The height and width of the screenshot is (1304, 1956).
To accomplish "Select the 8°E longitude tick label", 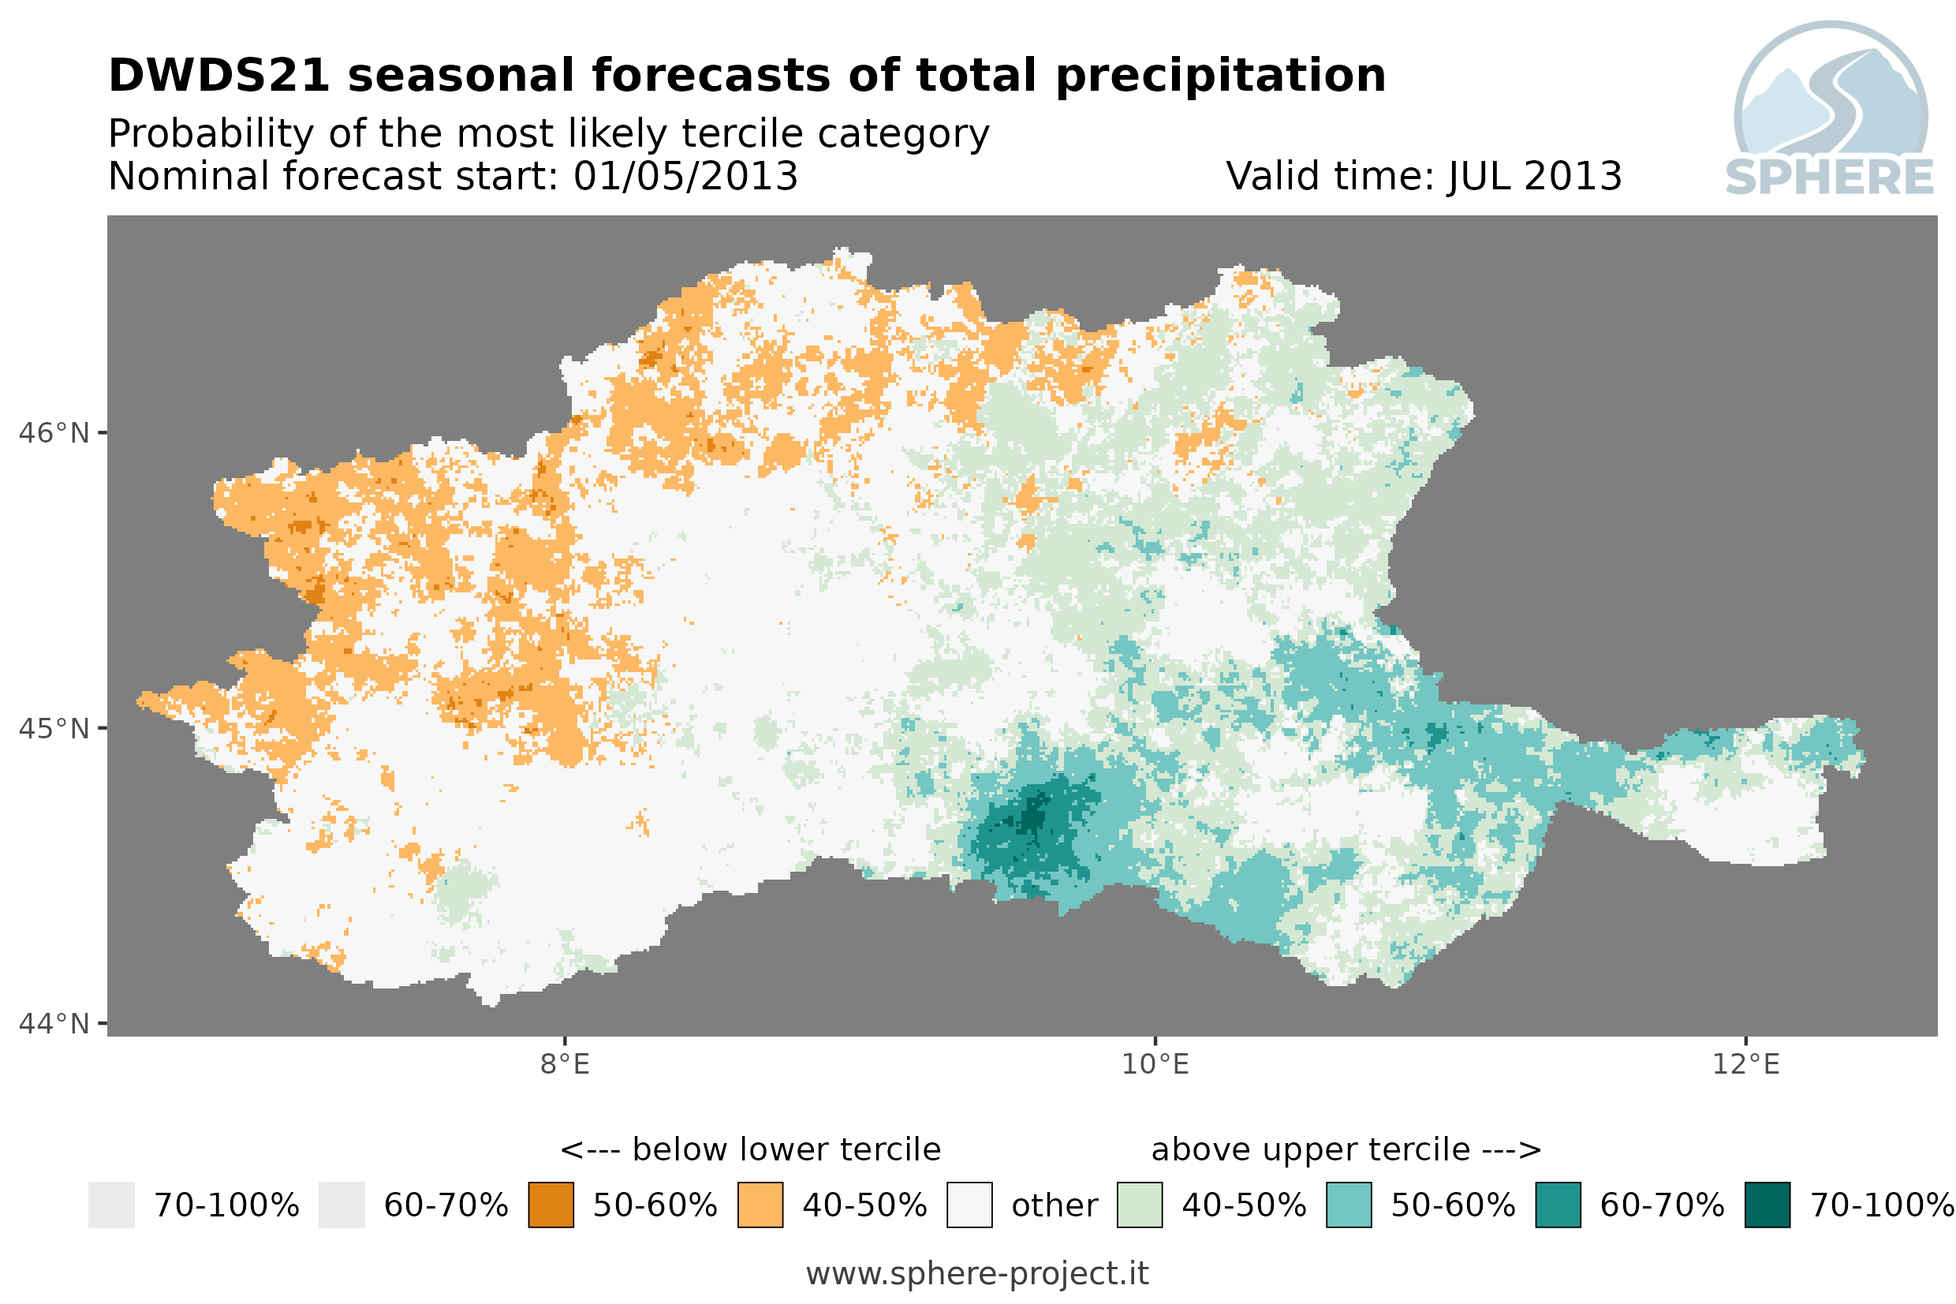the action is click(566, 1064).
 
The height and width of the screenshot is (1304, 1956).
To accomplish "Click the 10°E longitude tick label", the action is click(1155, 1064).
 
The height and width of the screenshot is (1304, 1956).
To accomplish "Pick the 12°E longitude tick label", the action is click(1745, 1064).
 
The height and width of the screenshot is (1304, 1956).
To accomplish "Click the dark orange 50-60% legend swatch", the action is click(551, 1205).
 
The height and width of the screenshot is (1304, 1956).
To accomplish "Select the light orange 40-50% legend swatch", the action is click(760, 1205).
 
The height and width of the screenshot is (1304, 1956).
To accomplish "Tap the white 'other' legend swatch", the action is click(969, 1205).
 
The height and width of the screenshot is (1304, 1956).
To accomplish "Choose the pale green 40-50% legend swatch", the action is click(1140, 1205).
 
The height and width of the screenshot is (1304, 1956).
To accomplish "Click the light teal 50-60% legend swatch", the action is click(1349, 1205).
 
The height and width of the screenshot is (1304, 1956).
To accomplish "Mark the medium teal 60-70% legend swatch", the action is click(1558, 1205).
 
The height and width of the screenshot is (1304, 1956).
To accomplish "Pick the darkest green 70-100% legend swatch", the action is click(1768, 1205).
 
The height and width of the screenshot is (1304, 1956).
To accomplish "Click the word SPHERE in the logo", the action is click(1830, 177).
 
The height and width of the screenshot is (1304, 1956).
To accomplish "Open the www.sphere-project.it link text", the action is click(977, 1274).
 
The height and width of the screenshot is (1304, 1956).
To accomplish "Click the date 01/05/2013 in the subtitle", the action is click(686, 176).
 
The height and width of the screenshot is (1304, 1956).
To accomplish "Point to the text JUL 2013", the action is click(1535, 176).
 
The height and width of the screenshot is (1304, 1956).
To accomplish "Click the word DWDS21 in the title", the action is click(219, 76).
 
